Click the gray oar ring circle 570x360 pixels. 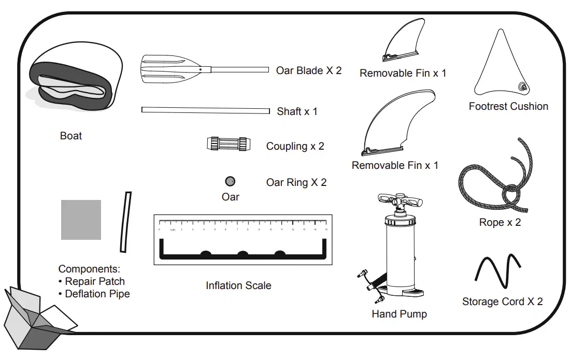(x=230, y=181)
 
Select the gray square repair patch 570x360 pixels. (x=81, y=220)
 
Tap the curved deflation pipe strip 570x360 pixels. (x=125, y=222)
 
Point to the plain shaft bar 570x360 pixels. (x=206, y=110)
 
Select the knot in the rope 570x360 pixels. (x=510, y=195)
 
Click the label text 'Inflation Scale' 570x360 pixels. (x=238, y=285)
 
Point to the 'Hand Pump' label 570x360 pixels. (x=399, y=314)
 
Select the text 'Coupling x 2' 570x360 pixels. (x=295, y=146)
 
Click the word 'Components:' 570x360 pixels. (x=89, y=269)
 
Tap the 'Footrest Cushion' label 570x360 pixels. (x=508, y=106)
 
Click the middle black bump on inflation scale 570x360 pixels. (x=243, y=254)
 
